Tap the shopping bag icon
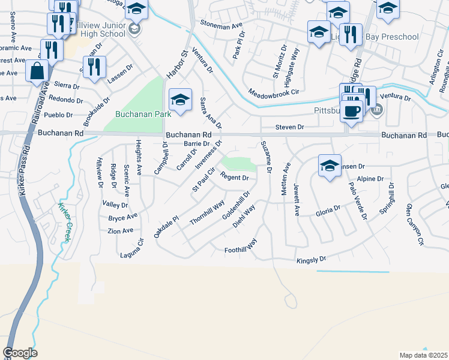tap(37, 71)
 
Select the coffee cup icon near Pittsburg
tap(351, 110)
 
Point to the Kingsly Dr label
tap(311, 260)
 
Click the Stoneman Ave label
tap(222, 27)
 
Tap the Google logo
tap(20, 353)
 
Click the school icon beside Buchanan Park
tap(179, 100)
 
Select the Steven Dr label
tap(290, 127)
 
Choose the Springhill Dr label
tap(387, 203)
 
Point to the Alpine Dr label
tap(370, 179)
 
